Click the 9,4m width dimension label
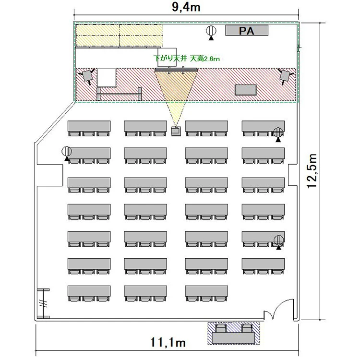186,7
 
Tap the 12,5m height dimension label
312,171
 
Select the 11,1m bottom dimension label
168,342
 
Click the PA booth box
247,31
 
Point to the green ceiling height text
187,59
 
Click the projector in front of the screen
176,131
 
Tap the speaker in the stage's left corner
87,76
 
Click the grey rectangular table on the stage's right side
245,90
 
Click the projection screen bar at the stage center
176,69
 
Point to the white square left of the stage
107,78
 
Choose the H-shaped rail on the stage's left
119,94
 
